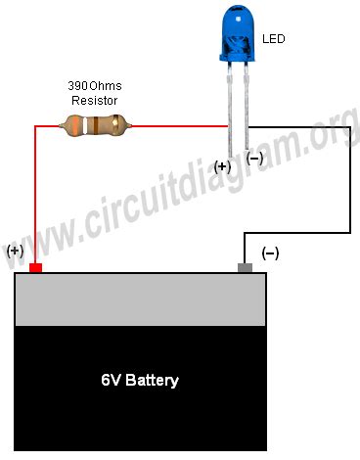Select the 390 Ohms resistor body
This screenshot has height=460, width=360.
pos(95,124)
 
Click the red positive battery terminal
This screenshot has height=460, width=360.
pos(36,267)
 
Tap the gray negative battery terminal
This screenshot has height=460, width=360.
pos(246,267)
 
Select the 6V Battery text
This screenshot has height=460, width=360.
pos(140,379)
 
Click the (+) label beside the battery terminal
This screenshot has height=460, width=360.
pos(15,251)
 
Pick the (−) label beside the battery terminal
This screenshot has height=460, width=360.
pos(270,253)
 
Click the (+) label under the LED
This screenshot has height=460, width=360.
pos(222,166)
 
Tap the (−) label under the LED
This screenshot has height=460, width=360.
pos(254,157)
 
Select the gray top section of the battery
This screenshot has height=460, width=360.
pos(140,299)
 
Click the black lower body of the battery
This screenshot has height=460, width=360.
pos(140,411)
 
